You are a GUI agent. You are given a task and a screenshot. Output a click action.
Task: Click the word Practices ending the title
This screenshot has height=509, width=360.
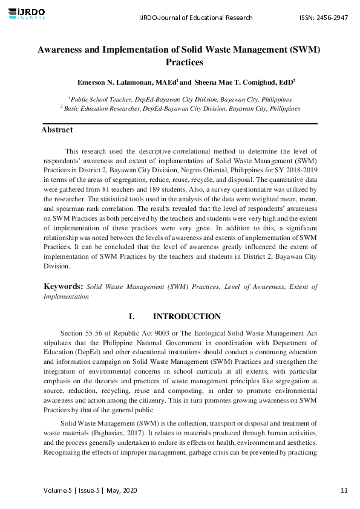pos(184,62)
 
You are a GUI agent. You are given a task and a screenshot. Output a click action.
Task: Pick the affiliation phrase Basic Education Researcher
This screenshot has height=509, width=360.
pos(102,108)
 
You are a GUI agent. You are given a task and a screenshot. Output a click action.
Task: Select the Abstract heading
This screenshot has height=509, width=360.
pos(57,130)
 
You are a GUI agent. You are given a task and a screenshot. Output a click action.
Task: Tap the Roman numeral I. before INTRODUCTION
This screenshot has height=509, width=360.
pos(133,317)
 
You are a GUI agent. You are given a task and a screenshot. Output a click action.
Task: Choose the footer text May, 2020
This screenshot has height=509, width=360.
pos(122,490)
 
